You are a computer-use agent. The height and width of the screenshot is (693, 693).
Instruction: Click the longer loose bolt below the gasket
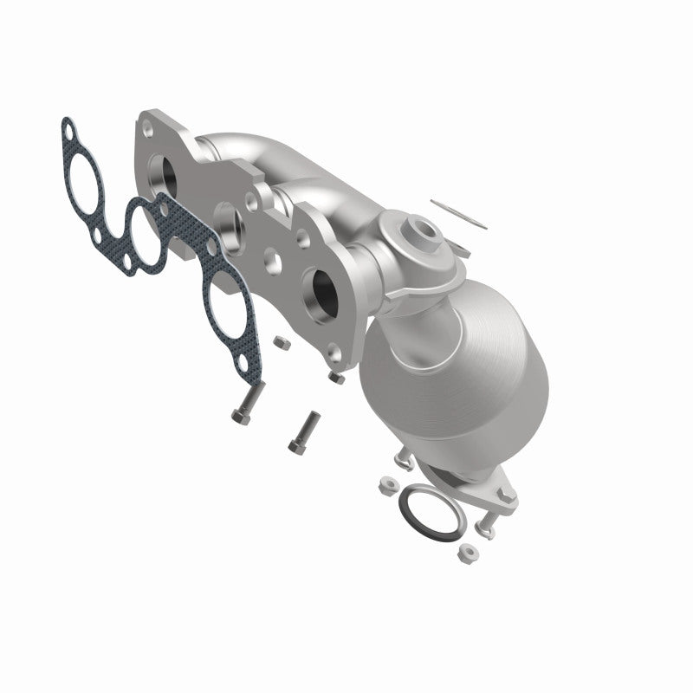tap(246, 405)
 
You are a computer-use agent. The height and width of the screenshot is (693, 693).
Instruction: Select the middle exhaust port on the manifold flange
tap(229, 223)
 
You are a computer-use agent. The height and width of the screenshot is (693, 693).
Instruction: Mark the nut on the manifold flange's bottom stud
tap(337, 379)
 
